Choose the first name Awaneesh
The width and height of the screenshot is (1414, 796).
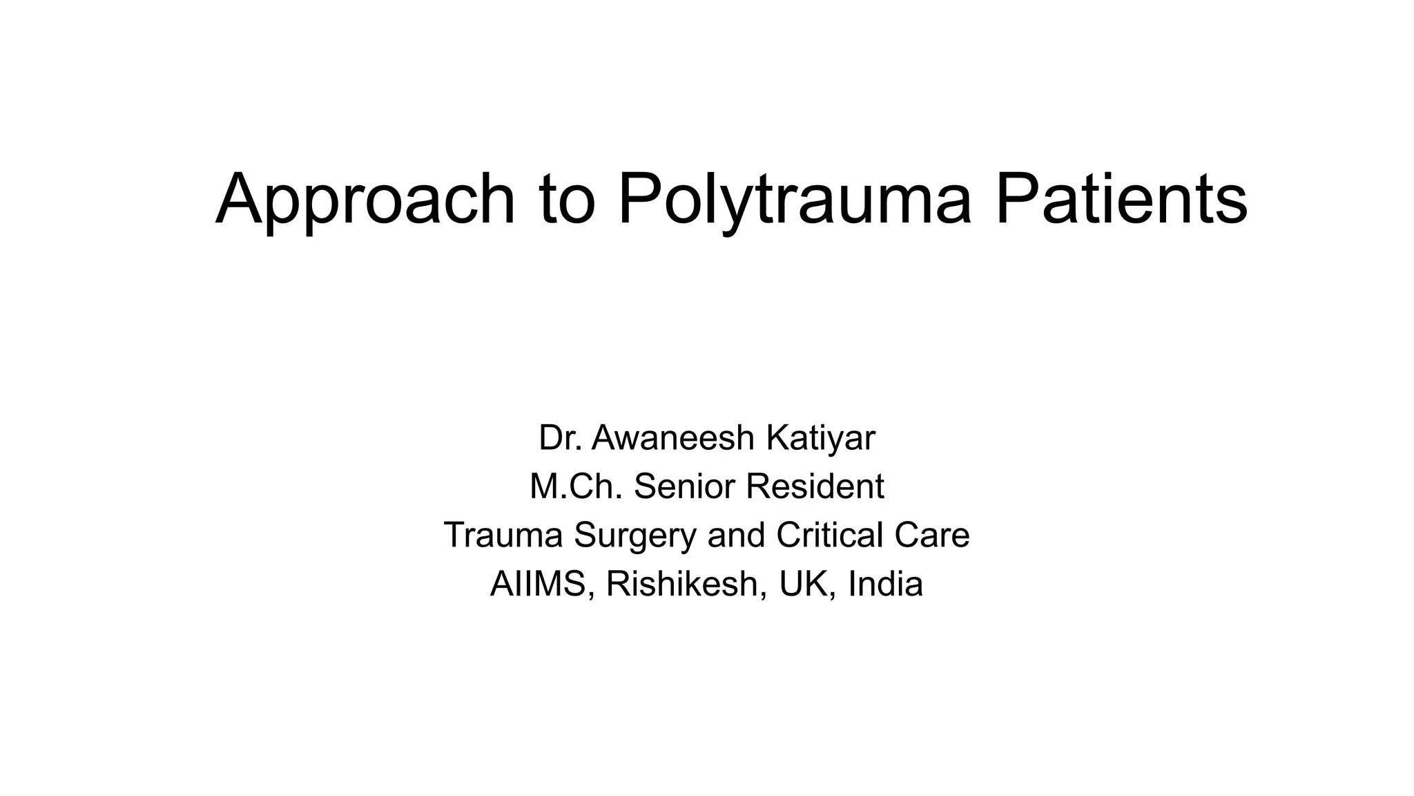(673, 437)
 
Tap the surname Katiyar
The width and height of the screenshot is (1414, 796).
(820, 437)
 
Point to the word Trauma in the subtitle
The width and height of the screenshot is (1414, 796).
(503, 535)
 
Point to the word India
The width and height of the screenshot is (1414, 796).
(885, 584)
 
